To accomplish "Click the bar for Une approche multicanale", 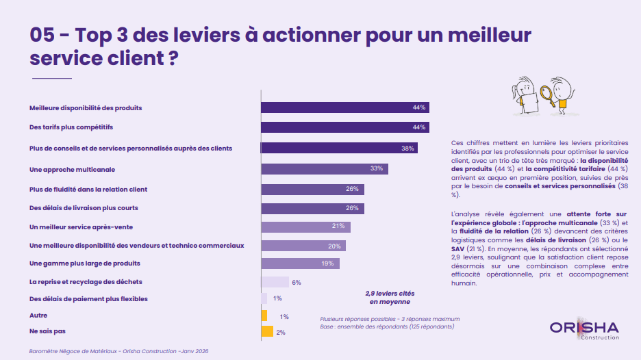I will [325, 168].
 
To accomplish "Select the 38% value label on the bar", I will [408, 148].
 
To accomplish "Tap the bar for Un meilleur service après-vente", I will [305, 227].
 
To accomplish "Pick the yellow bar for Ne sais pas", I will [268, 332].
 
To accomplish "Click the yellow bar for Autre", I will [264, 316].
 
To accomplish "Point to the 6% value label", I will [297, 282].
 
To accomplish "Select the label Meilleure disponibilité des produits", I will [86, 107].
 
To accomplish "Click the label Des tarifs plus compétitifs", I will [71, 127].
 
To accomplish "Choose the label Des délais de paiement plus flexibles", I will [88, 299].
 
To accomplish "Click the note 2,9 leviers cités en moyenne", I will [390, 297].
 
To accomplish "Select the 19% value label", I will [328, 263].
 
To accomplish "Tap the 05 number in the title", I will [44, 35].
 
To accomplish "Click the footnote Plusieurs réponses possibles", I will [390, 319].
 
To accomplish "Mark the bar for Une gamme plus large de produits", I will [300, 263].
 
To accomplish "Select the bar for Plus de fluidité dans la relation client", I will [312, 190].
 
